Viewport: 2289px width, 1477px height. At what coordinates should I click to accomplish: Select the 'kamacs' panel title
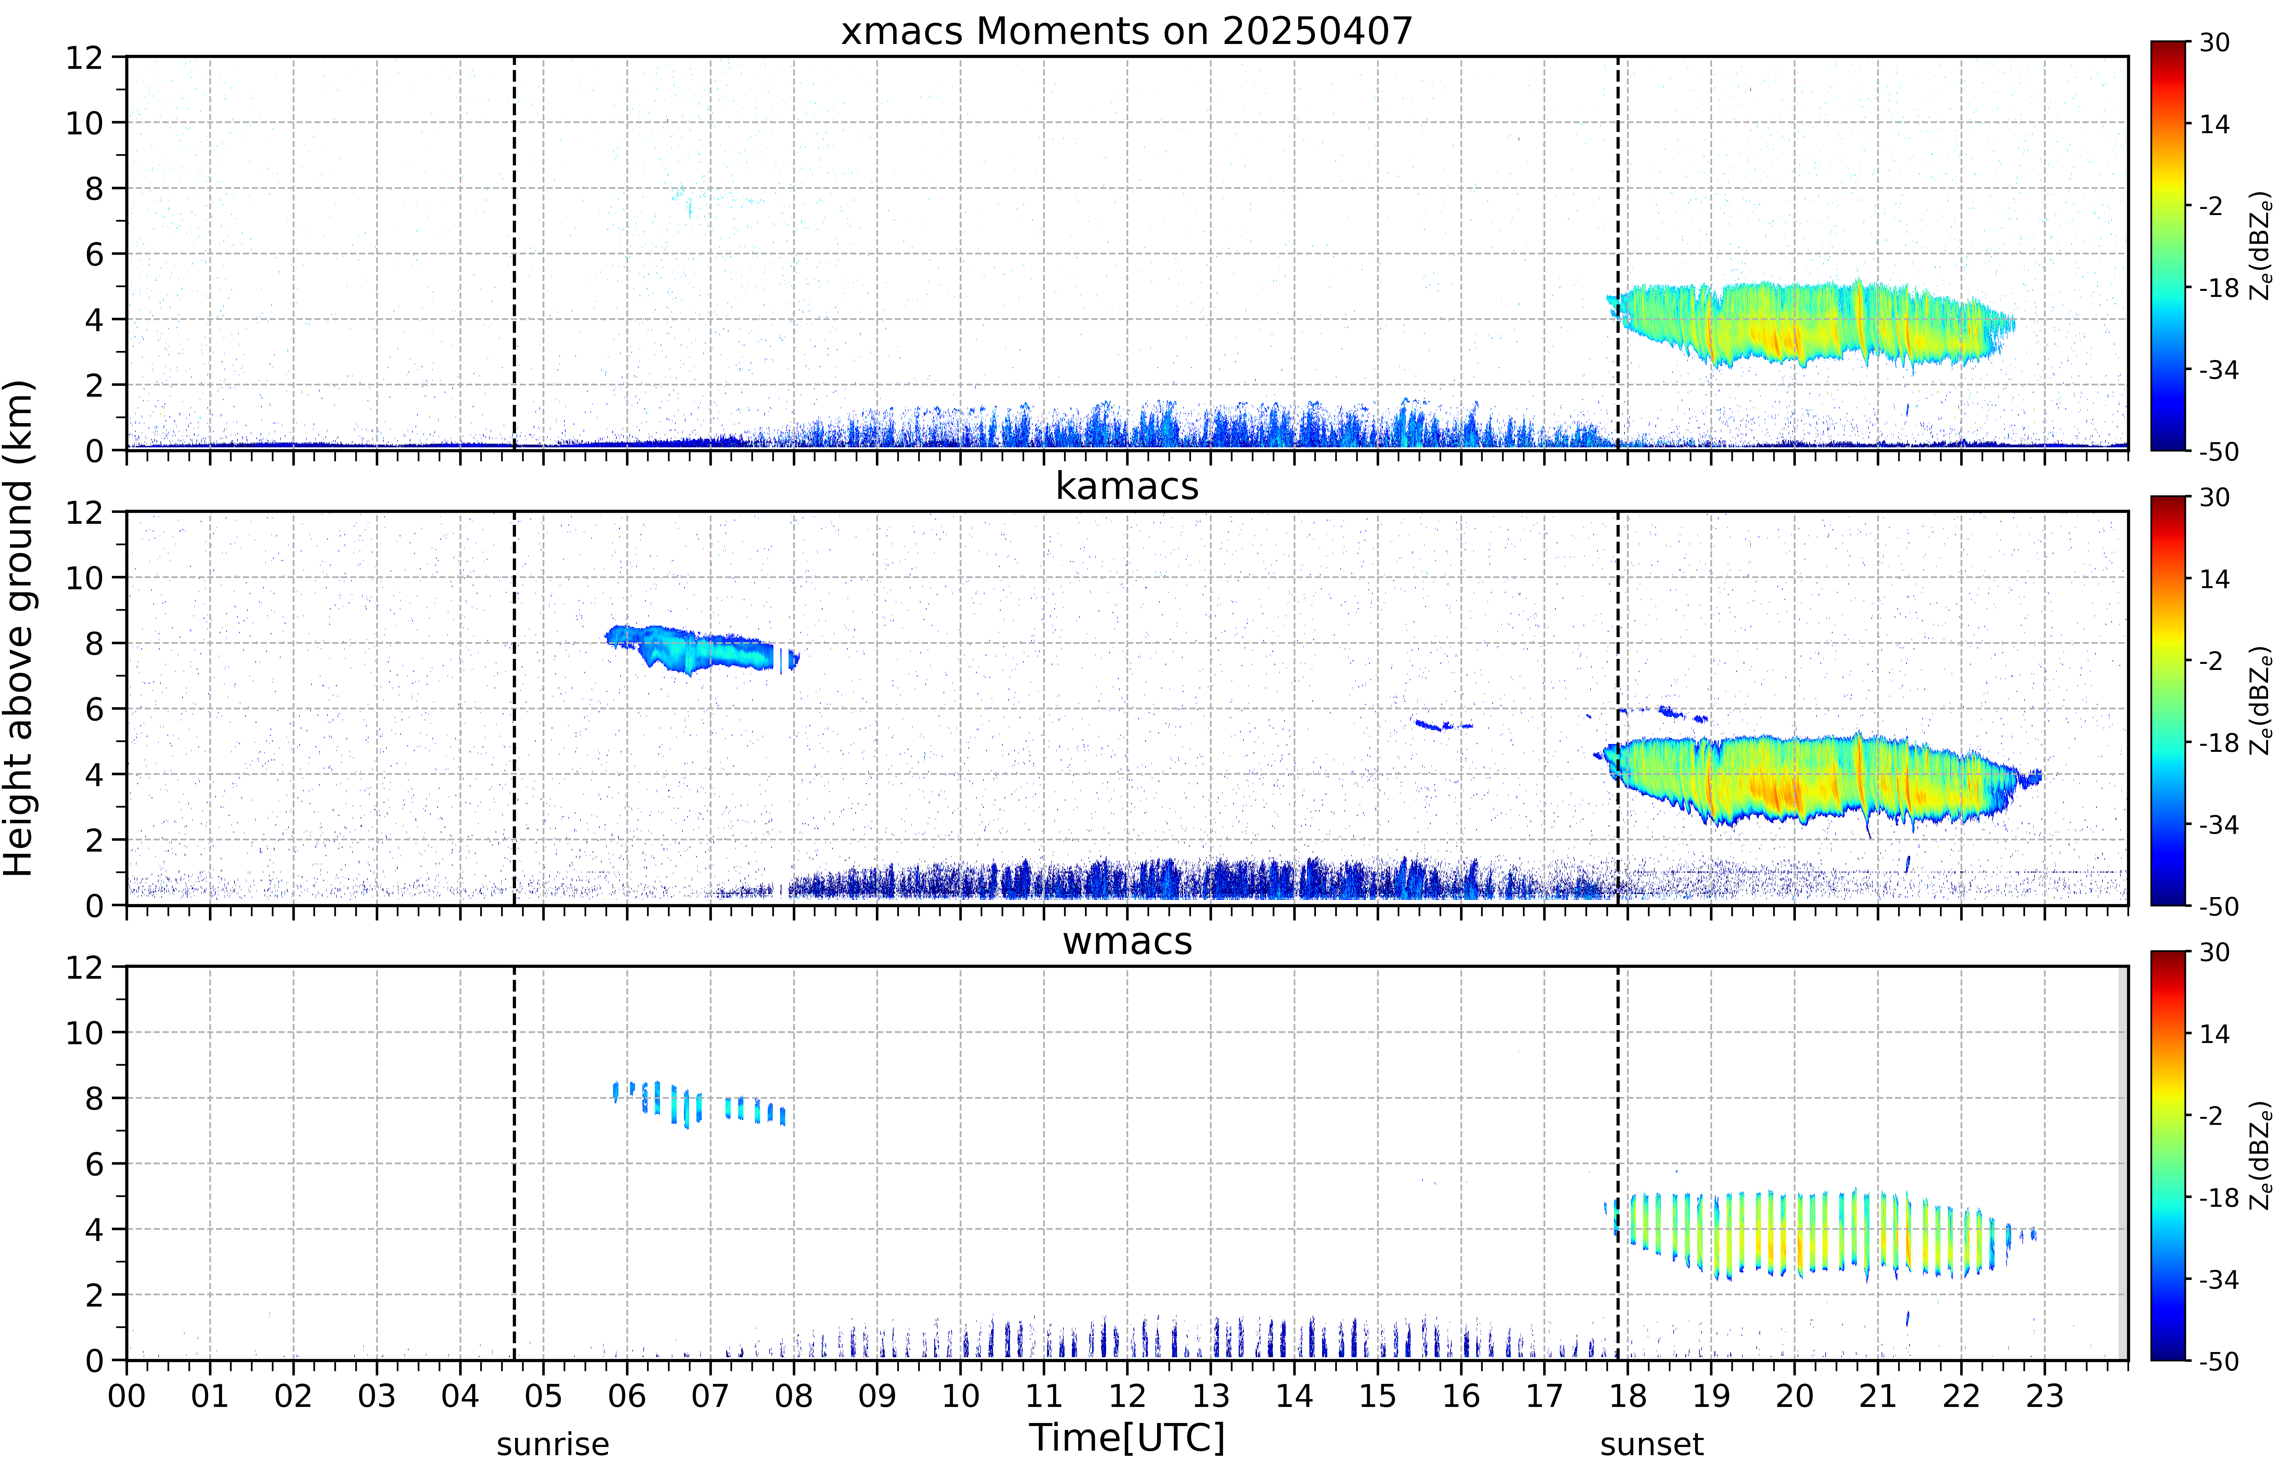coord(1127,486)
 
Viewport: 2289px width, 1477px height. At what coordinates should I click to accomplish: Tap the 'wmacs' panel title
coord(1127,941)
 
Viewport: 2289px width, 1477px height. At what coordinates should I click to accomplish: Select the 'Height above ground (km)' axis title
coord(19,628)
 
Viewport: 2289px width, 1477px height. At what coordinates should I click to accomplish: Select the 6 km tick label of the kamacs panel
coord(94,709)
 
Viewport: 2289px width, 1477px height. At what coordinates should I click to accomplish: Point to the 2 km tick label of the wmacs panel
coord(94,1295)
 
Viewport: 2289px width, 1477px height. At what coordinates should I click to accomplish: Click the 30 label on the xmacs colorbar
coord(2214,43)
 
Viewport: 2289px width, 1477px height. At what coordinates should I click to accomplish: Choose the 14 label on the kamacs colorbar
coord(2214,579)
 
